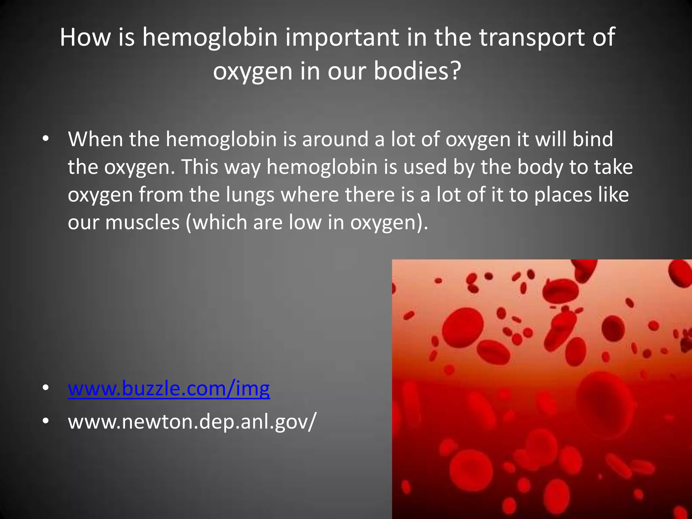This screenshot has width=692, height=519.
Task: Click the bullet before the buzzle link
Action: pos(46,389)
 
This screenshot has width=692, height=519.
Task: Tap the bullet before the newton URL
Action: pos(46,422)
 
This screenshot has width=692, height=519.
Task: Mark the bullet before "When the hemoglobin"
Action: pos(46,139)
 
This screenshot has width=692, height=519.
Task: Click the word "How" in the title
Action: pos(85,38)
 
